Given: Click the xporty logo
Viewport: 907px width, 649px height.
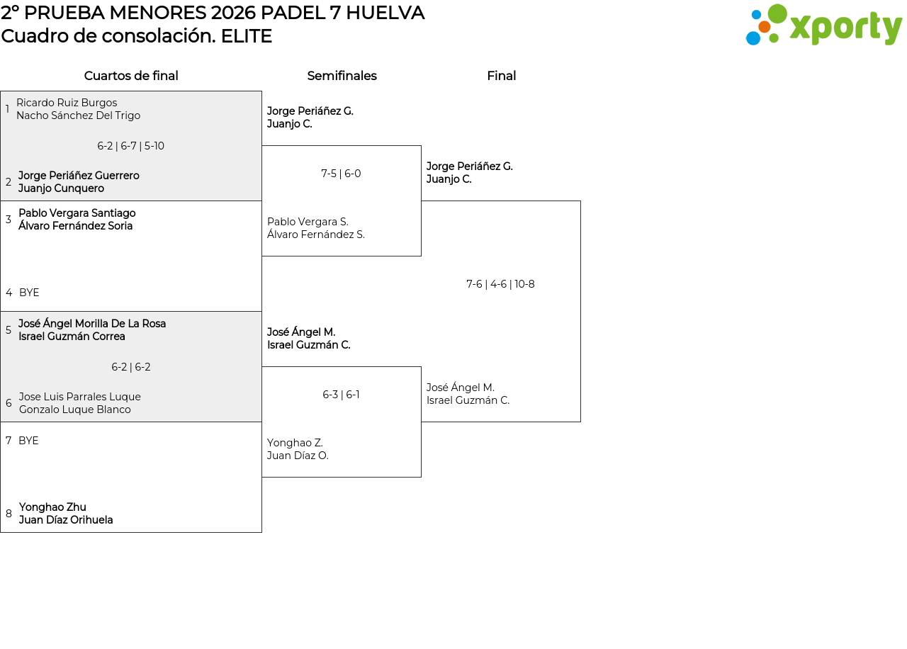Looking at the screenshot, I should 823,26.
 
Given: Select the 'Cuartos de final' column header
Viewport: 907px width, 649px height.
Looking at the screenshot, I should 131,76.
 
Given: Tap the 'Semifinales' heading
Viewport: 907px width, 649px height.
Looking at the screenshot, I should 342,76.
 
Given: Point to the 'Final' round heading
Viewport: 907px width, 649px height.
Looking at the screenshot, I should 501,76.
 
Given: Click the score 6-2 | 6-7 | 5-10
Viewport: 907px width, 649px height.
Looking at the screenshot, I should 130,146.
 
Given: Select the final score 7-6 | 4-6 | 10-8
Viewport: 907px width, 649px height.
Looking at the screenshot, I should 500,284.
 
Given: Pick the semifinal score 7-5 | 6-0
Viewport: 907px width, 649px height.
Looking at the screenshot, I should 341,174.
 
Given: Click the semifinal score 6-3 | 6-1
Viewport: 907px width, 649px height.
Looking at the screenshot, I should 341,395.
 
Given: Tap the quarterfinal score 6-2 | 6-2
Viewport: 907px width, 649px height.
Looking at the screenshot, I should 131,367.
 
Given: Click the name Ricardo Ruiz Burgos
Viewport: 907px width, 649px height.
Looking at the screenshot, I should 67,103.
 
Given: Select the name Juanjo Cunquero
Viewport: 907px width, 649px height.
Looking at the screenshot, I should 61,188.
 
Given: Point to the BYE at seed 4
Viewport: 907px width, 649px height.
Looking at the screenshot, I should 29,293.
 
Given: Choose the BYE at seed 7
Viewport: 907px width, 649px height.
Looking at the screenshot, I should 28,441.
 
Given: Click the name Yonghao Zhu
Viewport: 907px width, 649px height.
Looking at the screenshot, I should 52,507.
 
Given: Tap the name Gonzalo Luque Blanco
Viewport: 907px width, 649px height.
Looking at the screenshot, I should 75,410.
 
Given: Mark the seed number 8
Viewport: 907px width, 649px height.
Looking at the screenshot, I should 9,514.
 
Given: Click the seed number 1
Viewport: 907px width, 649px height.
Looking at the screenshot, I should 7,109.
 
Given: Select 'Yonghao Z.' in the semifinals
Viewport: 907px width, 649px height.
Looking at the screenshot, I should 295,443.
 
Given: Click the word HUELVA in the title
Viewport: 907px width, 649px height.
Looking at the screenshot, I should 388,13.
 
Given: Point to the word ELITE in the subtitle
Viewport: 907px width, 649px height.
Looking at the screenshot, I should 246,36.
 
